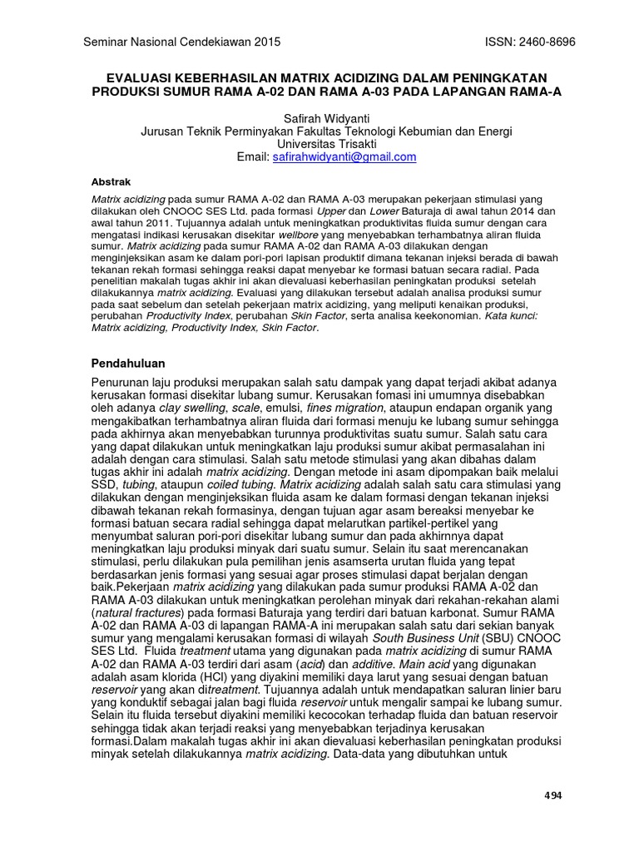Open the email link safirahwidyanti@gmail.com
pos(344,156)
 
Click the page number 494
pos(552,795)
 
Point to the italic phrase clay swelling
pos(192,409)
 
